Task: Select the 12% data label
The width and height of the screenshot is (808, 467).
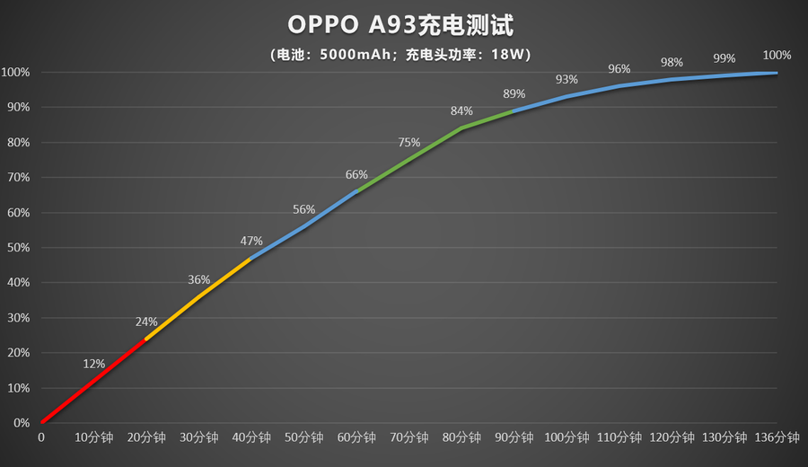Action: click(x=94, y=364)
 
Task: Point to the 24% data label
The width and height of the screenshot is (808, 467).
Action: click(x=146, y=322)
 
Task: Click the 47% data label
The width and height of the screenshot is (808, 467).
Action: click(x=251, y=241)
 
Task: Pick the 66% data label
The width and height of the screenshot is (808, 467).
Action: click(x=356, y=174)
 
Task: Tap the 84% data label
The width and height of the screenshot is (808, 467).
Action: click(x=461, y=111)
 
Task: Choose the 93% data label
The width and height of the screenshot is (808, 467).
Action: click(x=566, y=80)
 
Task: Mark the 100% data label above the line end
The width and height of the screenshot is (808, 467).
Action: click(x=777, y=55)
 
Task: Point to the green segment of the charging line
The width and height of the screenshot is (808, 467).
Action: click(x=409, y=159)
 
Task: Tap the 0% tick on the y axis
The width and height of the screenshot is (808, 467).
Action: click(x=21, y=423)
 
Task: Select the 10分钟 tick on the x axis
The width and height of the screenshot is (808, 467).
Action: click(x=93, y=437)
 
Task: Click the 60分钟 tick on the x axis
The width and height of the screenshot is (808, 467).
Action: click(x=356, y=437)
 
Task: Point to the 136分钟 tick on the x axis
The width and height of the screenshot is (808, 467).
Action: click(x=777, y=437)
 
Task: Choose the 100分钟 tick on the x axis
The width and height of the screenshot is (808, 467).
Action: click(x=566, y=437)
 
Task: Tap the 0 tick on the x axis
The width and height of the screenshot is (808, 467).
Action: click(x=40, y=437)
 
